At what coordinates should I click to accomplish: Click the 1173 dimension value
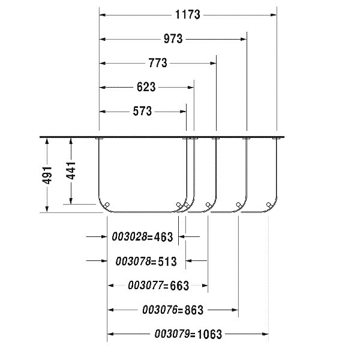point(188,14)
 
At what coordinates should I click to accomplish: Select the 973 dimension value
point(173,39)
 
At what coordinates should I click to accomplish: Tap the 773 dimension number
point(158,63)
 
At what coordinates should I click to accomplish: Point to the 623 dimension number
point(146,87)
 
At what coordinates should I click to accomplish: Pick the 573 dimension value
point(142,111)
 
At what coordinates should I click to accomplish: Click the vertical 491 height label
point(47,175)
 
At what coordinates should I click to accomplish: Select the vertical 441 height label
point(71,170)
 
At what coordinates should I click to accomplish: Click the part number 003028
point(129,236)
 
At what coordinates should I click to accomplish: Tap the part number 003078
point(133,261)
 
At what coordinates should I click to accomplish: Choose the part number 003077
point(146,286)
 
